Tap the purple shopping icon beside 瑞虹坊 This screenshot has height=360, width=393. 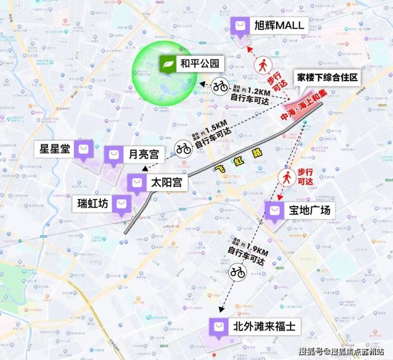122,203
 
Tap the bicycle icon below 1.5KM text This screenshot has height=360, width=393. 184,149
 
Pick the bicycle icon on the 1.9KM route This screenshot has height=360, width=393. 238,273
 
